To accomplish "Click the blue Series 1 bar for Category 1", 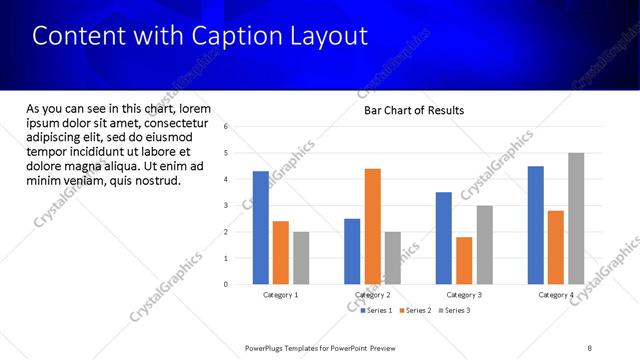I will (x=260, y=228).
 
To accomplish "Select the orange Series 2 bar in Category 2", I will (x=372, y=226).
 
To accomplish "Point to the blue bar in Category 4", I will (x=535, y=225).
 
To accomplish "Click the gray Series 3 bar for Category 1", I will (x=301, y=258).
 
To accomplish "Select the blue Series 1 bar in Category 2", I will (x=352, y=251).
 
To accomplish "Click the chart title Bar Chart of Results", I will (x=413, y=110).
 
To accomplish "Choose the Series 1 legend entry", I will (x=376, y=311).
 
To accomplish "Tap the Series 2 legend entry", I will (x=415, y=311).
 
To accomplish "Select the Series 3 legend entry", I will (x=454, y=311).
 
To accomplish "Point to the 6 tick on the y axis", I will (x=227, y=127).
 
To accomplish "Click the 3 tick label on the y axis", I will (x=227, y=206).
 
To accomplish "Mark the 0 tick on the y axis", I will (x=227, y=285).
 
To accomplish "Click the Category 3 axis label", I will (x=464, y=295).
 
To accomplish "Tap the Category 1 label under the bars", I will (x=281, y=295).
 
